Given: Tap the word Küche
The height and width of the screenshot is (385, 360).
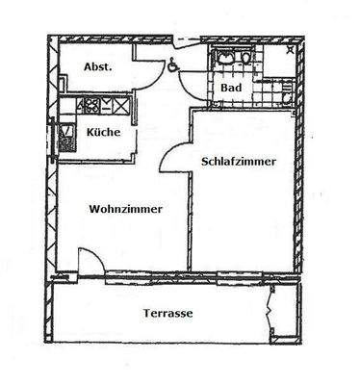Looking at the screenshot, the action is (x=103, y=132).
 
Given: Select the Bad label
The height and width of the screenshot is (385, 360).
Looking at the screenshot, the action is (x=231, y=89).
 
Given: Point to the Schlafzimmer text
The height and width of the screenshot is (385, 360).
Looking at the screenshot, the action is (x=239, y=163).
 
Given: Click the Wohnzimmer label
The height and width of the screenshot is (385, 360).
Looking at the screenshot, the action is (x=125, y=209).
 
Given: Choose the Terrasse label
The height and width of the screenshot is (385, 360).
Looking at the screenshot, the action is (x=168, y=315).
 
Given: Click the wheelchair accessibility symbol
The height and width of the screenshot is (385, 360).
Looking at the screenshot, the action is (x=172, y=66).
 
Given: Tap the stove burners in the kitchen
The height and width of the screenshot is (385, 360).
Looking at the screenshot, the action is (x=89, y=105).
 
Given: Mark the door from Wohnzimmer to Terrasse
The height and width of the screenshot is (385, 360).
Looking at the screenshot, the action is (x=88, y=262).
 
